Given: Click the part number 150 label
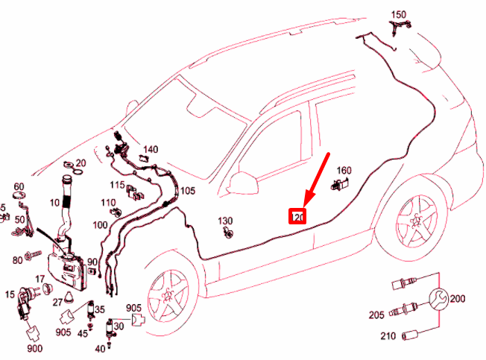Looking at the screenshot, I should pyautogui.click(x=399, y=14).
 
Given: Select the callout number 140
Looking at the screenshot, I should pyautogui.click(x=151, y=149).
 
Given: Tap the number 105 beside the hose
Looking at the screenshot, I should pyautogui.click(x=187, y=191).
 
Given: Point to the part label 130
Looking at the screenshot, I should pyautogui.click(x=226, y=221).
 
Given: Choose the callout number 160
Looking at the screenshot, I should pyautogui.click(x=344, y=170).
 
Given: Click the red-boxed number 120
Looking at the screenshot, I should pyautogui.click(x=298, y=217).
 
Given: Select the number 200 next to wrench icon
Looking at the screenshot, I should pyautogui.click(x=457, y=299).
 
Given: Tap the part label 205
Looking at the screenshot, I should pyautogui.click(x=377, y=315).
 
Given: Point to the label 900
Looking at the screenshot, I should pyautogui.click(x=35, y=349).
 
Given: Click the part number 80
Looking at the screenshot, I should pyautogui.click(x=17, y=260).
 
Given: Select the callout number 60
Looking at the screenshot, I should pyautogui.click(x=19, y=186).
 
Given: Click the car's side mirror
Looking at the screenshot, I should pyautogui.click(x=243, y=182).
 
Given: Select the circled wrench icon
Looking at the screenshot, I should pyautogui.click(x=439, y=299).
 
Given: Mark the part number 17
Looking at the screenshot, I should pyautogui.click(x=40, y=279).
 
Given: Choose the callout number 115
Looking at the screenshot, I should pyautogui.click(x=117, y=185).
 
